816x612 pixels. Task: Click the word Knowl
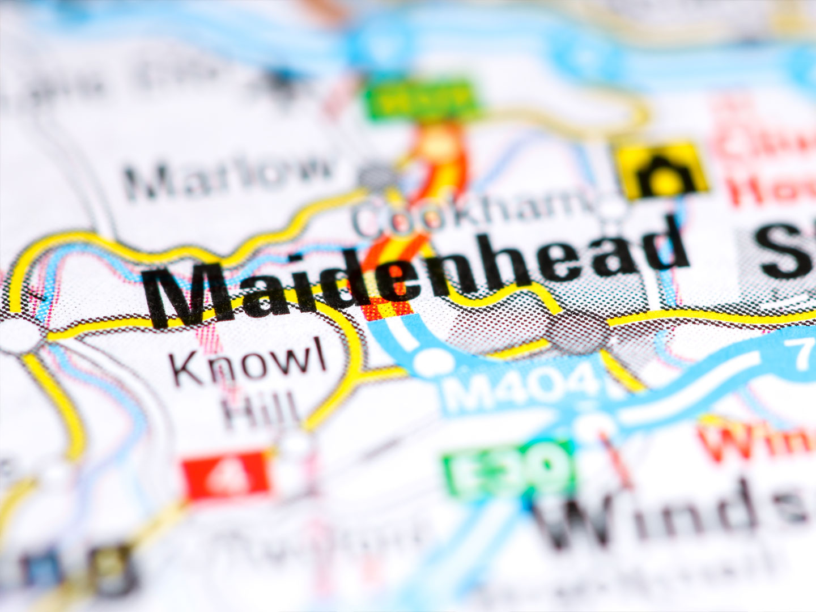point(249,363)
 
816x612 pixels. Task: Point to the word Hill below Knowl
point(261,411)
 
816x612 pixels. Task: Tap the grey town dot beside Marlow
point(375,175)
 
